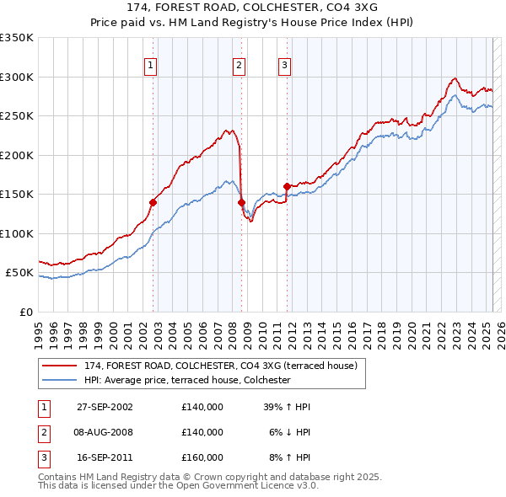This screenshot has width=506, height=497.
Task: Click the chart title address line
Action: point(252,8)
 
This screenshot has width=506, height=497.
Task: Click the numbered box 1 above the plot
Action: point(150,65)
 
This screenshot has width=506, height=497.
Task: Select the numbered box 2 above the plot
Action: point(240,65)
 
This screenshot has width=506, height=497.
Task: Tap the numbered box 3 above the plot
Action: point(285,65)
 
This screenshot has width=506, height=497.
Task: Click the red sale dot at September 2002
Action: point(153,202)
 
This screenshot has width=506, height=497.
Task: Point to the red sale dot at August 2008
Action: point(241,202)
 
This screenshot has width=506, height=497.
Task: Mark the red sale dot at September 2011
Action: point(288,186)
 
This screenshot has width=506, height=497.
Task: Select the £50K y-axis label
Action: point(20,273)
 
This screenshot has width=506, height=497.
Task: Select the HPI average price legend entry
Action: point(186,380)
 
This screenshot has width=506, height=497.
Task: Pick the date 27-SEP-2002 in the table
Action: point(105,406)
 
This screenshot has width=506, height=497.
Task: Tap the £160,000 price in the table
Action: point(202,458)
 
